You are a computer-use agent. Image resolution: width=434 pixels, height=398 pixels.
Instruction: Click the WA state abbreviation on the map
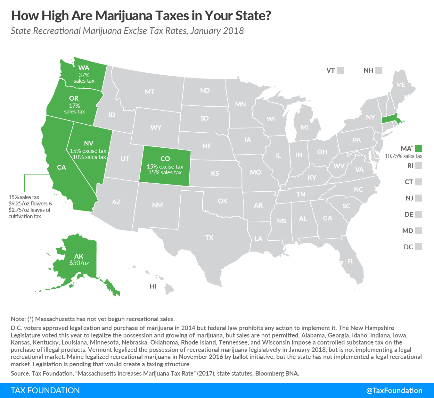pyautogui.click(x=84, y=68)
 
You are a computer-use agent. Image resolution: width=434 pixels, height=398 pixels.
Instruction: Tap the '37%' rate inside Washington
pyautogui.click(x=84, y=75)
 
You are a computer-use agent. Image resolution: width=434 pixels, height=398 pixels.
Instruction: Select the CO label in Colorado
pyautogui.click(x=165, y=159)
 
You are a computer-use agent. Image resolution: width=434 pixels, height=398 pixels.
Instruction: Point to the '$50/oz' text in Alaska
pyautogui.click(x=79, y=263)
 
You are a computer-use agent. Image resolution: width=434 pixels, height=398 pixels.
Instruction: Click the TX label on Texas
pyautogui.click(x=209, y=237)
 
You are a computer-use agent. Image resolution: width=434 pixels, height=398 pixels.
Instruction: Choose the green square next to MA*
pyautogui.click(x=418, y=148)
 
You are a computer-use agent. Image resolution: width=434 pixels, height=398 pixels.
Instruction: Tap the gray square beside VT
pyautogui.click(x=340, y=70)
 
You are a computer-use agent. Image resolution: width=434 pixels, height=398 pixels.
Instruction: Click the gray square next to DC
pyautogui.click(x=418, y=246)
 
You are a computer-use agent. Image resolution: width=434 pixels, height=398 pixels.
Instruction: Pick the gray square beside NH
pyautogui.click(x=379, y=70)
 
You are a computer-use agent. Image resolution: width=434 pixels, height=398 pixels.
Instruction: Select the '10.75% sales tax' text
pyautogui.click(x=404, y=156)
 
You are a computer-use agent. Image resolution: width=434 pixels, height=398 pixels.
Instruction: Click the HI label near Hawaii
pyautogui.click(x=153, y=286)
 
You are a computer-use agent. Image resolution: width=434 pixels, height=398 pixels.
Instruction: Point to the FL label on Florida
pyautogui.click(x=351, y=261)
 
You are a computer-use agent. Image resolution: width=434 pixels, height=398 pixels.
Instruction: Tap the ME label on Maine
pyautogui.click(x=401, y=85)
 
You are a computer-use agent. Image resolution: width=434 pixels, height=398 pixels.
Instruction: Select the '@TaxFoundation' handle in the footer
pyautogui.click(x=394, y=390)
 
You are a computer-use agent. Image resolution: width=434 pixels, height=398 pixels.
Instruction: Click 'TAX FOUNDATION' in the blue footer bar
pyautogui.click(x=45, y=390)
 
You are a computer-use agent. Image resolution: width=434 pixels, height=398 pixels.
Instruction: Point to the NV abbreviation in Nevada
pyautogui.click(x=89, y=143)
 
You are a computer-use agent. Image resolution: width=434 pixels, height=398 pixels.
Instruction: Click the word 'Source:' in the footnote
pyautogui.click(x=20, y=373)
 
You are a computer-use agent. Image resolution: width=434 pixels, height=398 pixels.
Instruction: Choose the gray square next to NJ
pyautogui.click(x=418, y=198)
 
